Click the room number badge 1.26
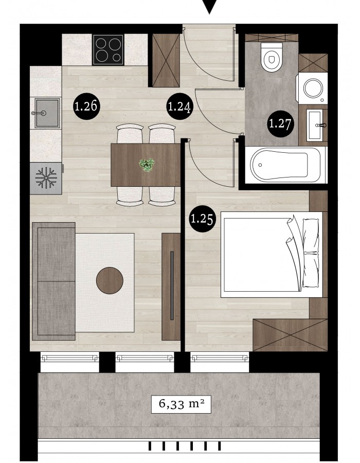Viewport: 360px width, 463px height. [x=86, y=106]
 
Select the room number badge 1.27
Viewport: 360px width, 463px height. [x=281, y=123]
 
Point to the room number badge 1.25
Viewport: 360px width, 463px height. [x=203, y=219]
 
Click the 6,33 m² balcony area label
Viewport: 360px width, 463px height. [x=181, y=404]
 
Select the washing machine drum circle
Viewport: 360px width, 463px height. [x=313, y=88]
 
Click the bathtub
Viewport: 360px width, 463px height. [x=285, y=165]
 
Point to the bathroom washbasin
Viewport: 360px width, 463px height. [x=315, y=125]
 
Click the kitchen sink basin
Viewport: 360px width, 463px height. [x=47, y=113]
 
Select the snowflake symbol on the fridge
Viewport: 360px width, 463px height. [x=46, y=177]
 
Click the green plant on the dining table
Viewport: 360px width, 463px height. [x=147, y=165]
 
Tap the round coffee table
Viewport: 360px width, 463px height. [x=110, y=280]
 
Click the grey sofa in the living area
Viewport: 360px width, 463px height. [x=53, y=281]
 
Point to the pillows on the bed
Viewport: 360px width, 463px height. [x=311, y=253]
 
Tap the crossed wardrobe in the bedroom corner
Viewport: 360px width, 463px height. [x=290, y=335]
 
